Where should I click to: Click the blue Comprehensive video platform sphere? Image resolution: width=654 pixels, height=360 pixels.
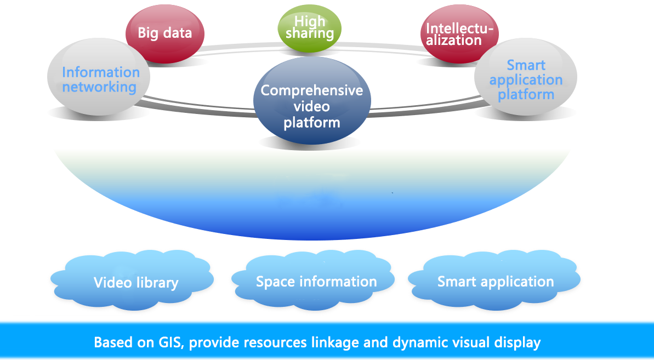(x=312, y=104)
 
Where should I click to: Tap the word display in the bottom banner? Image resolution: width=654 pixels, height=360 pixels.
(x=517, y=343)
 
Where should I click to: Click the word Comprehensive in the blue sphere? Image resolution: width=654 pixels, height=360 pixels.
(x=312, y=90)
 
